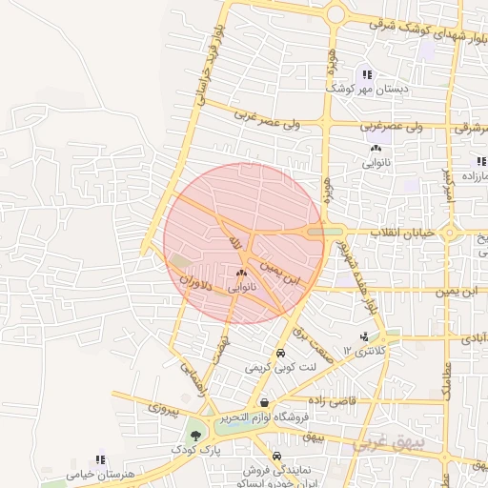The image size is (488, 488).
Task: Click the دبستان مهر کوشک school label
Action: [366, 89]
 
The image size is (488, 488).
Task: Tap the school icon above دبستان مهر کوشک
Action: [367, 74]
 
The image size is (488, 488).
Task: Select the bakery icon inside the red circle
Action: [241, 273]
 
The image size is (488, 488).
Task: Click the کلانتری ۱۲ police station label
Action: [368, 351]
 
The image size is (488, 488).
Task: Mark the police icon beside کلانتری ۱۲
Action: [364, 336]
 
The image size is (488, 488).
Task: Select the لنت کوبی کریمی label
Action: [279, 367]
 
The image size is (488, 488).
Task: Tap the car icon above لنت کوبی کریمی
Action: [279, 354]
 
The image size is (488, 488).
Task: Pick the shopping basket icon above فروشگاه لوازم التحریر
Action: [263, 403]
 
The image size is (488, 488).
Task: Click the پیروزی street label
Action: [162, 410]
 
